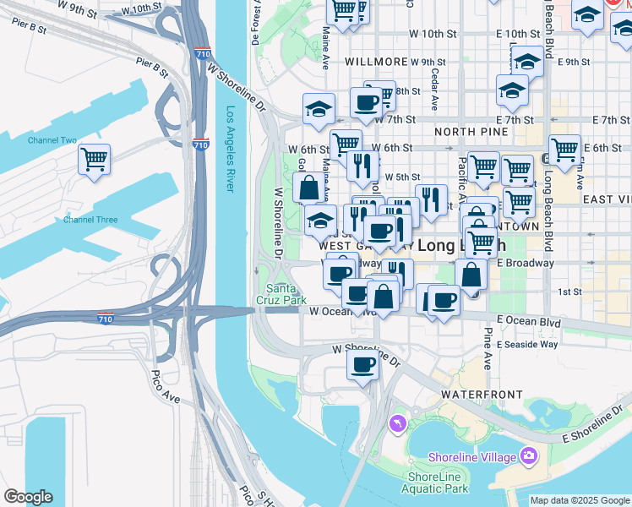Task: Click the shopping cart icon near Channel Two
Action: point(95,159)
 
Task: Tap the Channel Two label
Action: point(52,140)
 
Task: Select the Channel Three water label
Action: point(90,220)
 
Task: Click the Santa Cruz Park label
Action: point(281,294)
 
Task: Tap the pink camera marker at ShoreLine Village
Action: point(530,457)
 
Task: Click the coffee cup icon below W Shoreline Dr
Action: point(363,365)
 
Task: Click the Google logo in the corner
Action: point(28,497)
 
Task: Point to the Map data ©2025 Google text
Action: point(580,500)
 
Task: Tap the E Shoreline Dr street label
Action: point(595,425)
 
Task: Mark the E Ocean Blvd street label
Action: point(529,321)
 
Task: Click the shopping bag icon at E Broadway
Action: point(471,275)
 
